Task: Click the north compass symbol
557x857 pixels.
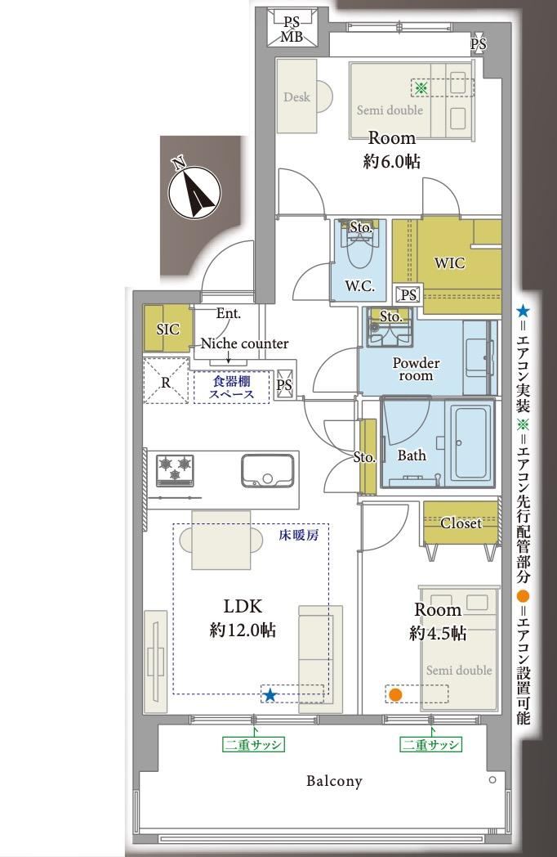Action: (x=194, y=191)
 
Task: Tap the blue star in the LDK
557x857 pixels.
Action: (x=270, y=695)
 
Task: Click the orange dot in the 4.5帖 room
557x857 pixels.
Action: (x=396, y=694)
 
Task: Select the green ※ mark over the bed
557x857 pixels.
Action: (x=421, y=87)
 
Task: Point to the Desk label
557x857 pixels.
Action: (x=296, y=97)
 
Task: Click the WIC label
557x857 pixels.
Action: (x=449, y=263)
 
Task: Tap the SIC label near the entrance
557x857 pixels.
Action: (x=167, y=329)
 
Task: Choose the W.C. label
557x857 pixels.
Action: (x=360, y=285)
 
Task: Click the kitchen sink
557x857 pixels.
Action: (x=267, y=470)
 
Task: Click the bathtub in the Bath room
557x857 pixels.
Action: (x=472, y=442)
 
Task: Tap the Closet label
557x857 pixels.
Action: (x=461, y=523)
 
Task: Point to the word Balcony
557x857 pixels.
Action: (x=334, y=781)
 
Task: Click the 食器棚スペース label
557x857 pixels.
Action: (x=231, y=388)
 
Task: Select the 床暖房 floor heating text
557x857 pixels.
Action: (x=299, y=535)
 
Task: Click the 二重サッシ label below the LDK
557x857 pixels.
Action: (x=254, y=744)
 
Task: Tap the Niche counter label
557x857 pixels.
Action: (x=245, y=343)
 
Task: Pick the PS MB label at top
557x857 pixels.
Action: (x=292, y=29)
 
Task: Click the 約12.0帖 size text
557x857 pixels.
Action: (x=243, y=630)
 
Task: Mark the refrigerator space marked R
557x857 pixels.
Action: (x=166, y=380)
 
